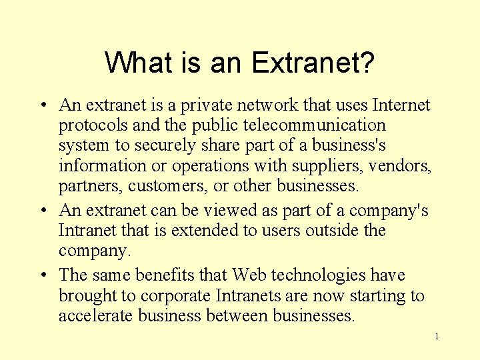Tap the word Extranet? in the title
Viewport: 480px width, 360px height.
313,64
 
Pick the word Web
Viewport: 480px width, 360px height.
249,275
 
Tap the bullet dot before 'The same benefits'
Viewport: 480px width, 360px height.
42,275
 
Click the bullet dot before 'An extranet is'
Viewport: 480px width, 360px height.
42,105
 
